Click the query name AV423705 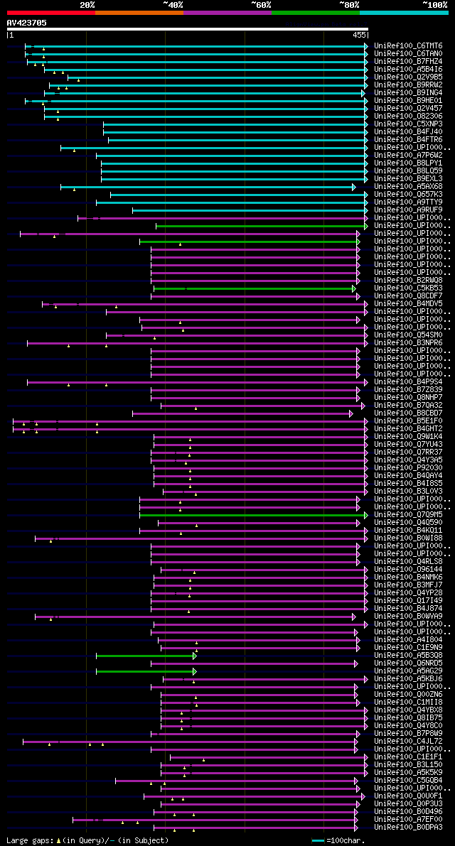click(27, 23)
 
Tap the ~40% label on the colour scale click(173, 5)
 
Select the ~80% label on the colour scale click(349, 5)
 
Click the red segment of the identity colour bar click(50, 13)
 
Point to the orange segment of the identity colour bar click(139, 13)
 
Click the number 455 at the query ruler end click(359, 35)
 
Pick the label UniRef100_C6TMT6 click(408, 45)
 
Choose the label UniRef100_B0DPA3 click(408, 827)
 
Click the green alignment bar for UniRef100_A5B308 click(145, 655)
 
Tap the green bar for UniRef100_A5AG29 click(145, 671)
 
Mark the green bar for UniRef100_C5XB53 click(253, 288)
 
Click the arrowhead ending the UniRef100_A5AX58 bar click(353, 187)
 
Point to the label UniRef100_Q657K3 click(408, 194)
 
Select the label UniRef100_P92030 click(408, 467)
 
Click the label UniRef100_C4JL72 click(408, 741)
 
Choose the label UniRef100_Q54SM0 click(408, 335)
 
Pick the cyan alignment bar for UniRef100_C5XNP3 click(235, 124)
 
